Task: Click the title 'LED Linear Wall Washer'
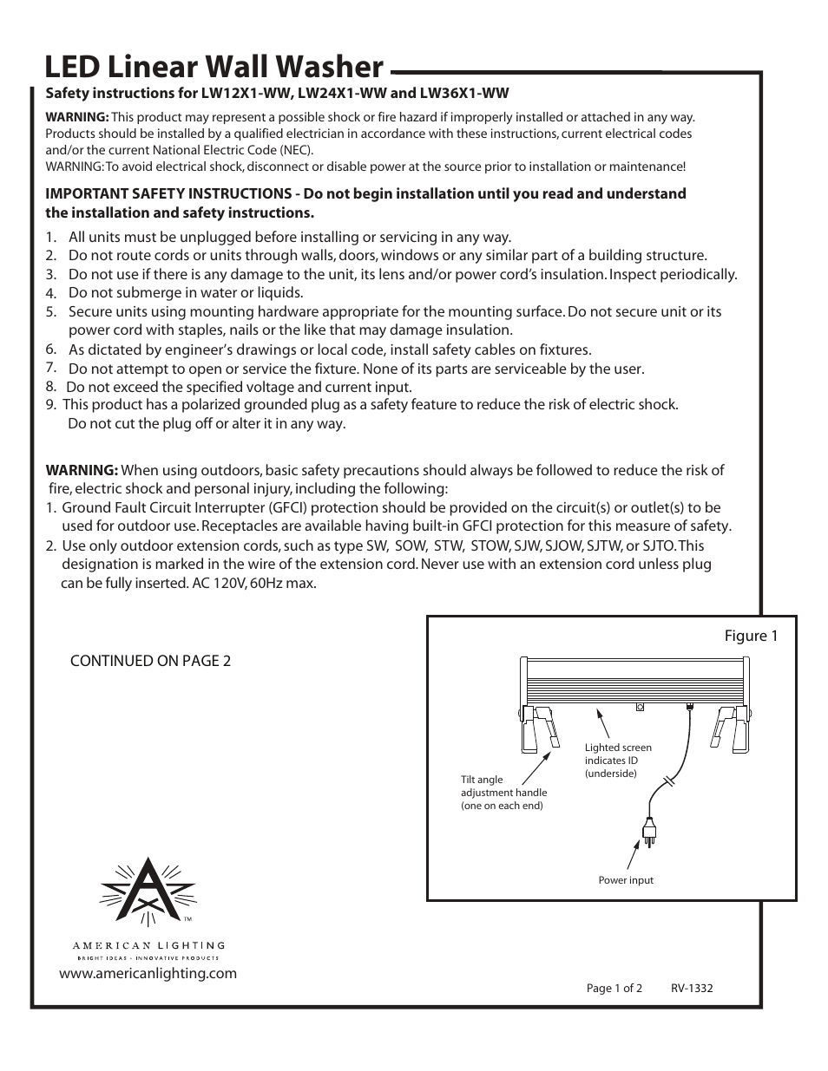coord(214,67)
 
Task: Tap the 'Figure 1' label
coord(751,636)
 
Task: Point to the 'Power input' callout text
coord(626,880)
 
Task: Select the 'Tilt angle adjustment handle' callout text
coord(503,793)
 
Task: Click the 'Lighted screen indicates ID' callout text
coord(618,760)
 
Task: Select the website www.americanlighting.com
coord(148,973)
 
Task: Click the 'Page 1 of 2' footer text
coord(614,988)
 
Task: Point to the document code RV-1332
coord(692,988)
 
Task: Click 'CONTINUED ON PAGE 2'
coord(150,661)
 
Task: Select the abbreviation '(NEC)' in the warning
coord(296,149)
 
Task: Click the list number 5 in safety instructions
coord(51,311)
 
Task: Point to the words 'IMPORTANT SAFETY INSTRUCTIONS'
coord(168,193)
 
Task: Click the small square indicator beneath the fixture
coord(640,707)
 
